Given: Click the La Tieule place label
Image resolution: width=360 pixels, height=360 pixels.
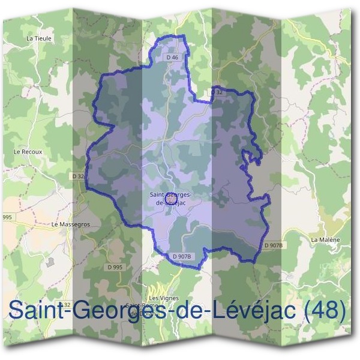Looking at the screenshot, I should click(40, 38).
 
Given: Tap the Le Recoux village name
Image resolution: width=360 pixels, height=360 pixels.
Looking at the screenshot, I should click(28, 152).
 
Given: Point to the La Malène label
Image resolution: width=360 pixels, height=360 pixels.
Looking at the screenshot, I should click(325, 239).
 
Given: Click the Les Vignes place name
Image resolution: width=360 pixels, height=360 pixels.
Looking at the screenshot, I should click(161, 298).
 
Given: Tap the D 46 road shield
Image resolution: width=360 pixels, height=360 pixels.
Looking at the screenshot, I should click(172, 58).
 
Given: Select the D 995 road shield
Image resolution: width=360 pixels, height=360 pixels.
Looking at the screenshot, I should click(115, 267).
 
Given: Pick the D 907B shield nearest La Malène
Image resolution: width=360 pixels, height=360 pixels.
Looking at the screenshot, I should click(273, 245).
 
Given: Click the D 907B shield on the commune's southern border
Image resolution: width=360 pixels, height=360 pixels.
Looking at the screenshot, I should click(181, 257).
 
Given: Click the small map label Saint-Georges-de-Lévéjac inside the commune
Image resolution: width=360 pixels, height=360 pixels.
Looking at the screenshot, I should click(170, 199).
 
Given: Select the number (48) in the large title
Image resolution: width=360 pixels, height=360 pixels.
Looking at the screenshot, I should click(325, 311).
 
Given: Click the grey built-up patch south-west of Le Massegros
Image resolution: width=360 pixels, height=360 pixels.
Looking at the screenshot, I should click(50, 262).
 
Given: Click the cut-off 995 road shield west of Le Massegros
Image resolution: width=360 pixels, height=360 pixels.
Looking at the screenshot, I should click(7, 217).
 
